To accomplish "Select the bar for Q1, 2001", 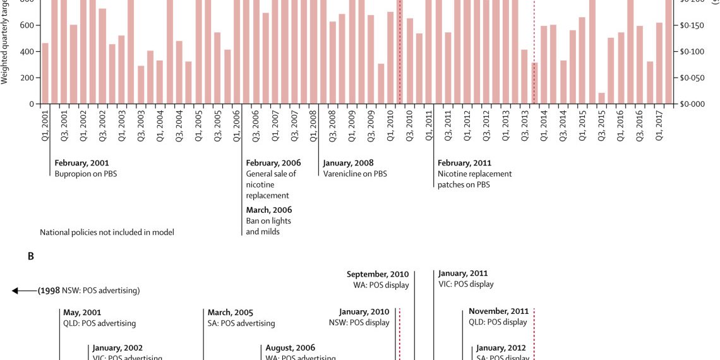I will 45,73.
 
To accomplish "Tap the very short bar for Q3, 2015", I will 601,99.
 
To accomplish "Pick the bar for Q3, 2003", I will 141,85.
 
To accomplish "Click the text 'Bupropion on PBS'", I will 86,174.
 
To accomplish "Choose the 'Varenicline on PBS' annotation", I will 355,174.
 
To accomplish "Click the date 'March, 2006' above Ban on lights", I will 269,210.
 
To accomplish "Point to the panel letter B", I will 30,256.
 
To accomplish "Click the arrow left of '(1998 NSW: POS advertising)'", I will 24,291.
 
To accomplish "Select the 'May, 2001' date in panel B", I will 82,312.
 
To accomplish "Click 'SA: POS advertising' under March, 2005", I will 241,323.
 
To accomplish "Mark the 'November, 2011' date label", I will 498,311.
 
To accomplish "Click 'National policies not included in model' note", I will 107,232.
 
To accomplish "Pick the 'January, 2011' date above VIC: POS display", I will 463,273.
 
